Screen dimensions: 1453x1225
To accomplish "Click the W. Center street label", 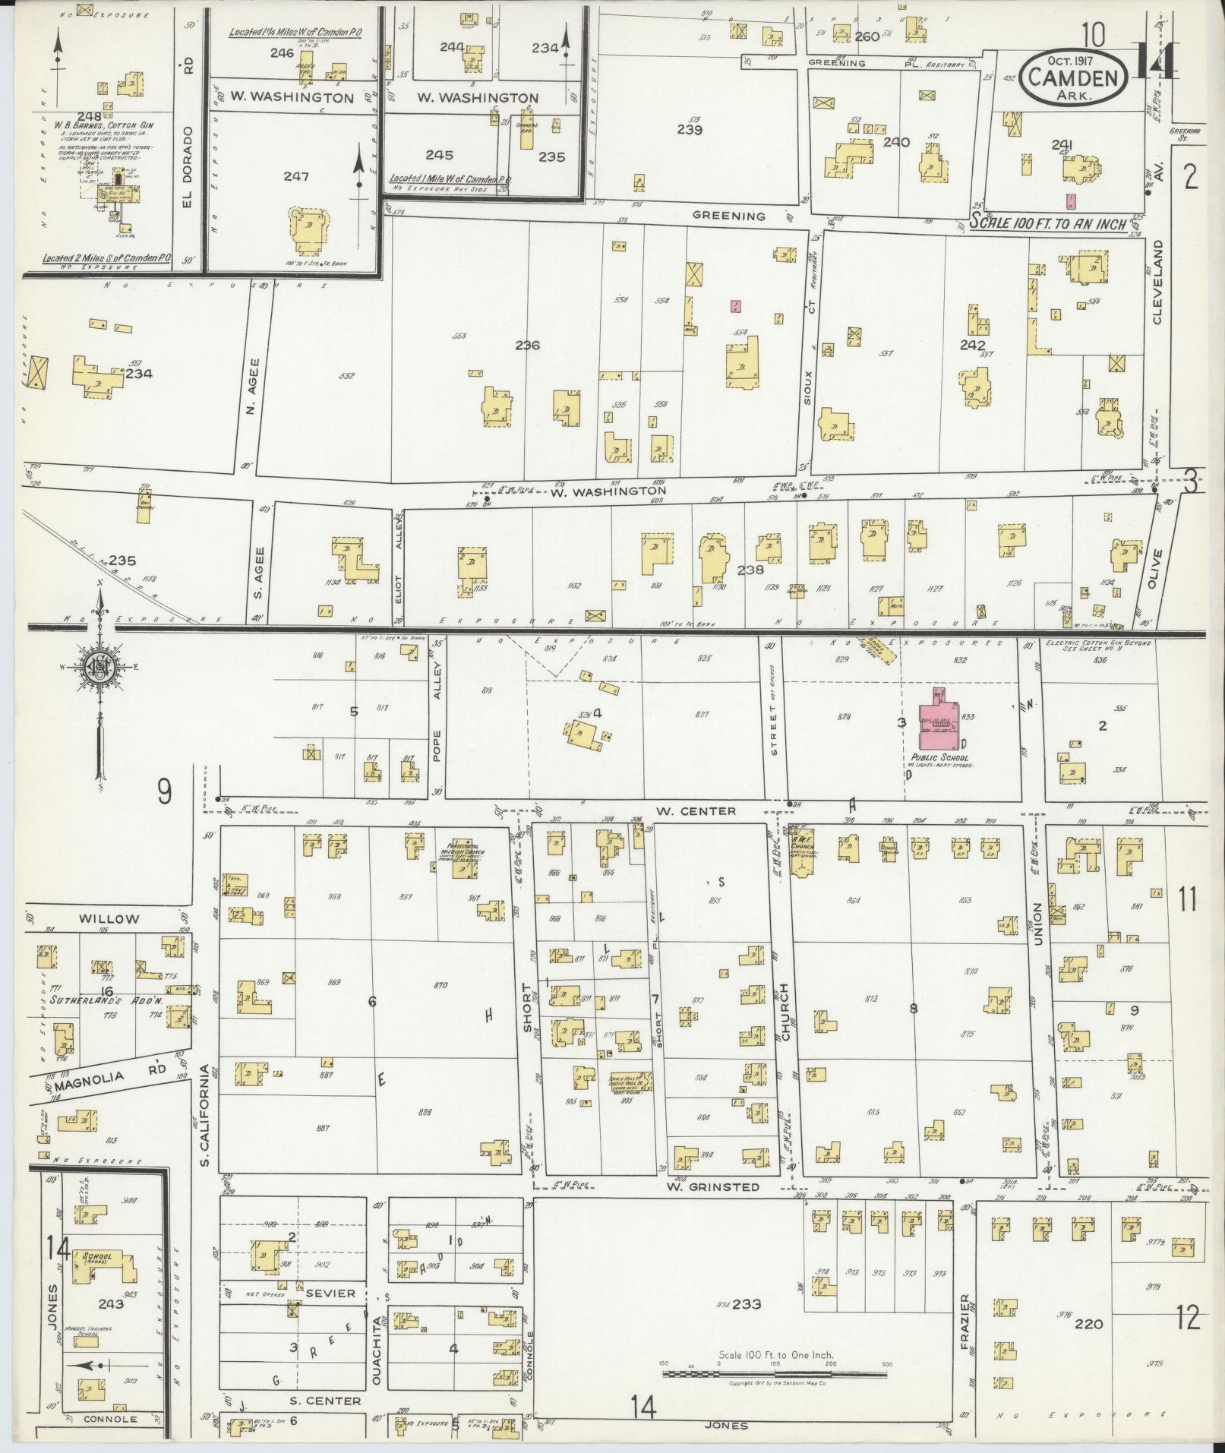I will [x=696, y=810].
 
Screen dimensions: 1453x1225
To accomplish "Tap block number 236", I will [x=527, y=345].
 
